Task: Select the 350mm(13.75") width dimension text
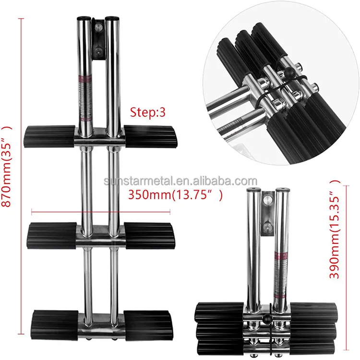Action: coord(176,195)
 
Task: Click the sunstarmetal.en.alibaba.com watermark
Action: coord(180,181)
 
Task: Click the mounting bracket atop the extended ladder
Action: coord(98,39)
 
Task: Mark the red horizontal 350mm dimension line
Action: coord(101,211)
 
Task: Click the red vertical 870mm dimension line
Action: coord(21,176)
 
